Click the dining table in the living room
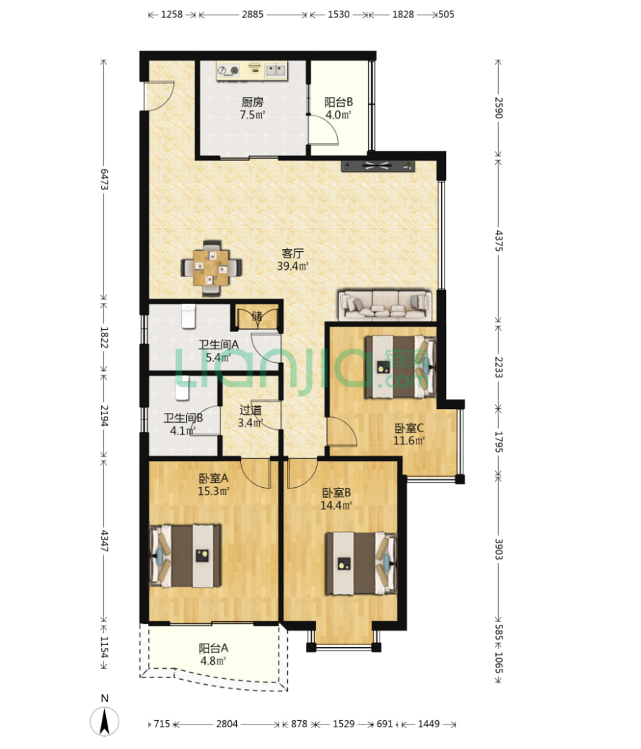(x=212, y=268)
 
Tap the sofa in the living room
(x=385, y=305)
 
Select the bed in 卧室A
(x=186, y=556)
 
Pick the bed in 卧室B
(x=362, y=563)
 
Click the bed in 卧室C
(x=401, y=367)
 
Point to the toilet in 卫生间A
(x=188, y=316)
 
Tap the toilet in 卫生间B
(x=182, y=387)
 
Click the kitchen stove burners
(x=228, y=71)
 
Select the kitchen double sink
(x=276, y=71)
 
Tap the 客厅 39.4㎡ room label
(x=292, y=259)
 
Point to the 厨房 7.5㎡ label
(x=253, y=108)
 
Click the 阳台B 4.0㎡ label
(x=339, y=108)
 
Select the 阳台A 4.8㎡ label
(x=213, y=654)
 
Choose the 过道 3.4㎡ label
(x=250, y=416)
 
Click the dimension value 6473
(x=104, y=179)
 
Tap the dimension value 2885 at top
(x=253, y=14)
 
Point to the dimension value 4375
(x=499, y=241)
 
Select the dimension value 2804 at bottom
(x=227, y=724)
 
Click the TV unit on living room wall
(x=378, y=166)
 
